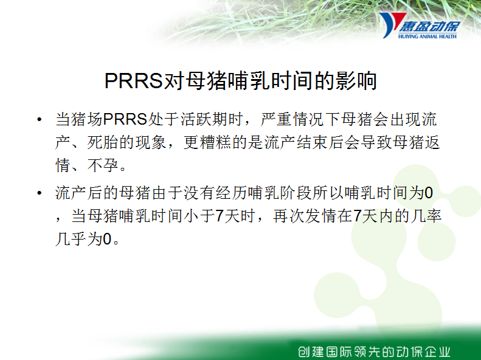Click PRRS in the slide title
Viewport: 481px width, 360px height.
[x=133, y=81]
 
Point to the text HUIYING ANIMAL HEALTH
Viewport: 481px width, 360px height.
[x=427, y=36]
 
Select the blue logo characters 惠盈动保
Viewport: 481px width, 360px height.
[x=429, y=26]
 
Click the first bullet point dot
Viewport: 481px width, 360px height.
[x=39, y=119]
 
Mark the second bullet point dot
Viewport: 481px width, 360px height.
[x=39, y=193]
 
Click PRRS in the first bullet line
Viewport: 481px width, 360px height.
[x=125, y=119]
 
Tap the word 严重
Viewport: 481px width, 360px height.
[x=277, y=119]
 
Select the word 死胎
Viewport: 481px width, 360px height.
[x=103, y=142]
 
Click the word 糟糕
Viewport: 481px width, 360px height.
[x=216, y=142]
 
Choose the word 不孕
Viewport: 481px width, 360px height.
[x=103, y=165]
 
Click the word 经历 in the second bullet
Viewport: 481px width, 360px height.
[x=232, y=193]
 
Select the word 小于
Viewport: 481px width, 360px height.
[x=199, y=216]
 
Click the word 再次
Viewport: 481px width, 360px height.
[x=289, y=216]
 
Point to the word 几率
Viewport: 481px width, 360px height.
[x=426, y=216]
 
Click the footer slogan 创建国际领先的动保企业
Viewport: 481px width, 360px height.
[x=374, y=351]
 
